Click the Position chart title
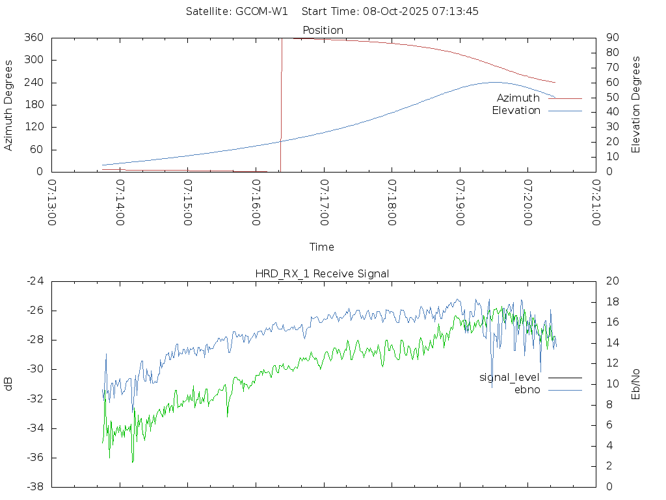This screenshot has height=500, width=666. (323, 30)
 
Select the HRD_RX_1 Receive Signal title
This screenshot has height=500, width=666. (322, 273)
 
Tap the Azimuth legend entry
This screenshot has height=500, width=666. (518, 98)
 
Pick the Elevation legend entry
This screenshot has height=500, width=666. (516, 111)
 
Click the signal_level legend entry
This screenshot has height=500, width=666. (509, 378)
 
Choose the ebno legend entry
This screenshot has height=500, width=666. (527, 390)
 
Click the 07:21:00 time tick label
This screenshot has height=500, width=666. (595, 202)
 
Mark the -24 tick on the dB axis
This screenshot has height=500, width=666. (34, 281)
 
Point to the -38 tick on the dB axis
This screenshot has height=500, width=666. (34, 487)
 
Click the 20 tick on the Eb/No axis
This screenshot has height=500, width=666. (611, 281)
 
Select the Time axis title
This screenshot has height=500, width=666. (322, 247)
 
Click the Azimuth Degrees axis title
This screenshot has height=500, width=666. (8, 105)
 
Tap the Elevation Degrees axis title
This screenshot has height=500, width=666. (636, 105)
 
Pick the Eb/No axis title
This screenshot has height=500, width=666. (636, 384)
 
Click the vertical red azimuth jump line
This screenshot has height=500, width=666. (281, 104)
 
